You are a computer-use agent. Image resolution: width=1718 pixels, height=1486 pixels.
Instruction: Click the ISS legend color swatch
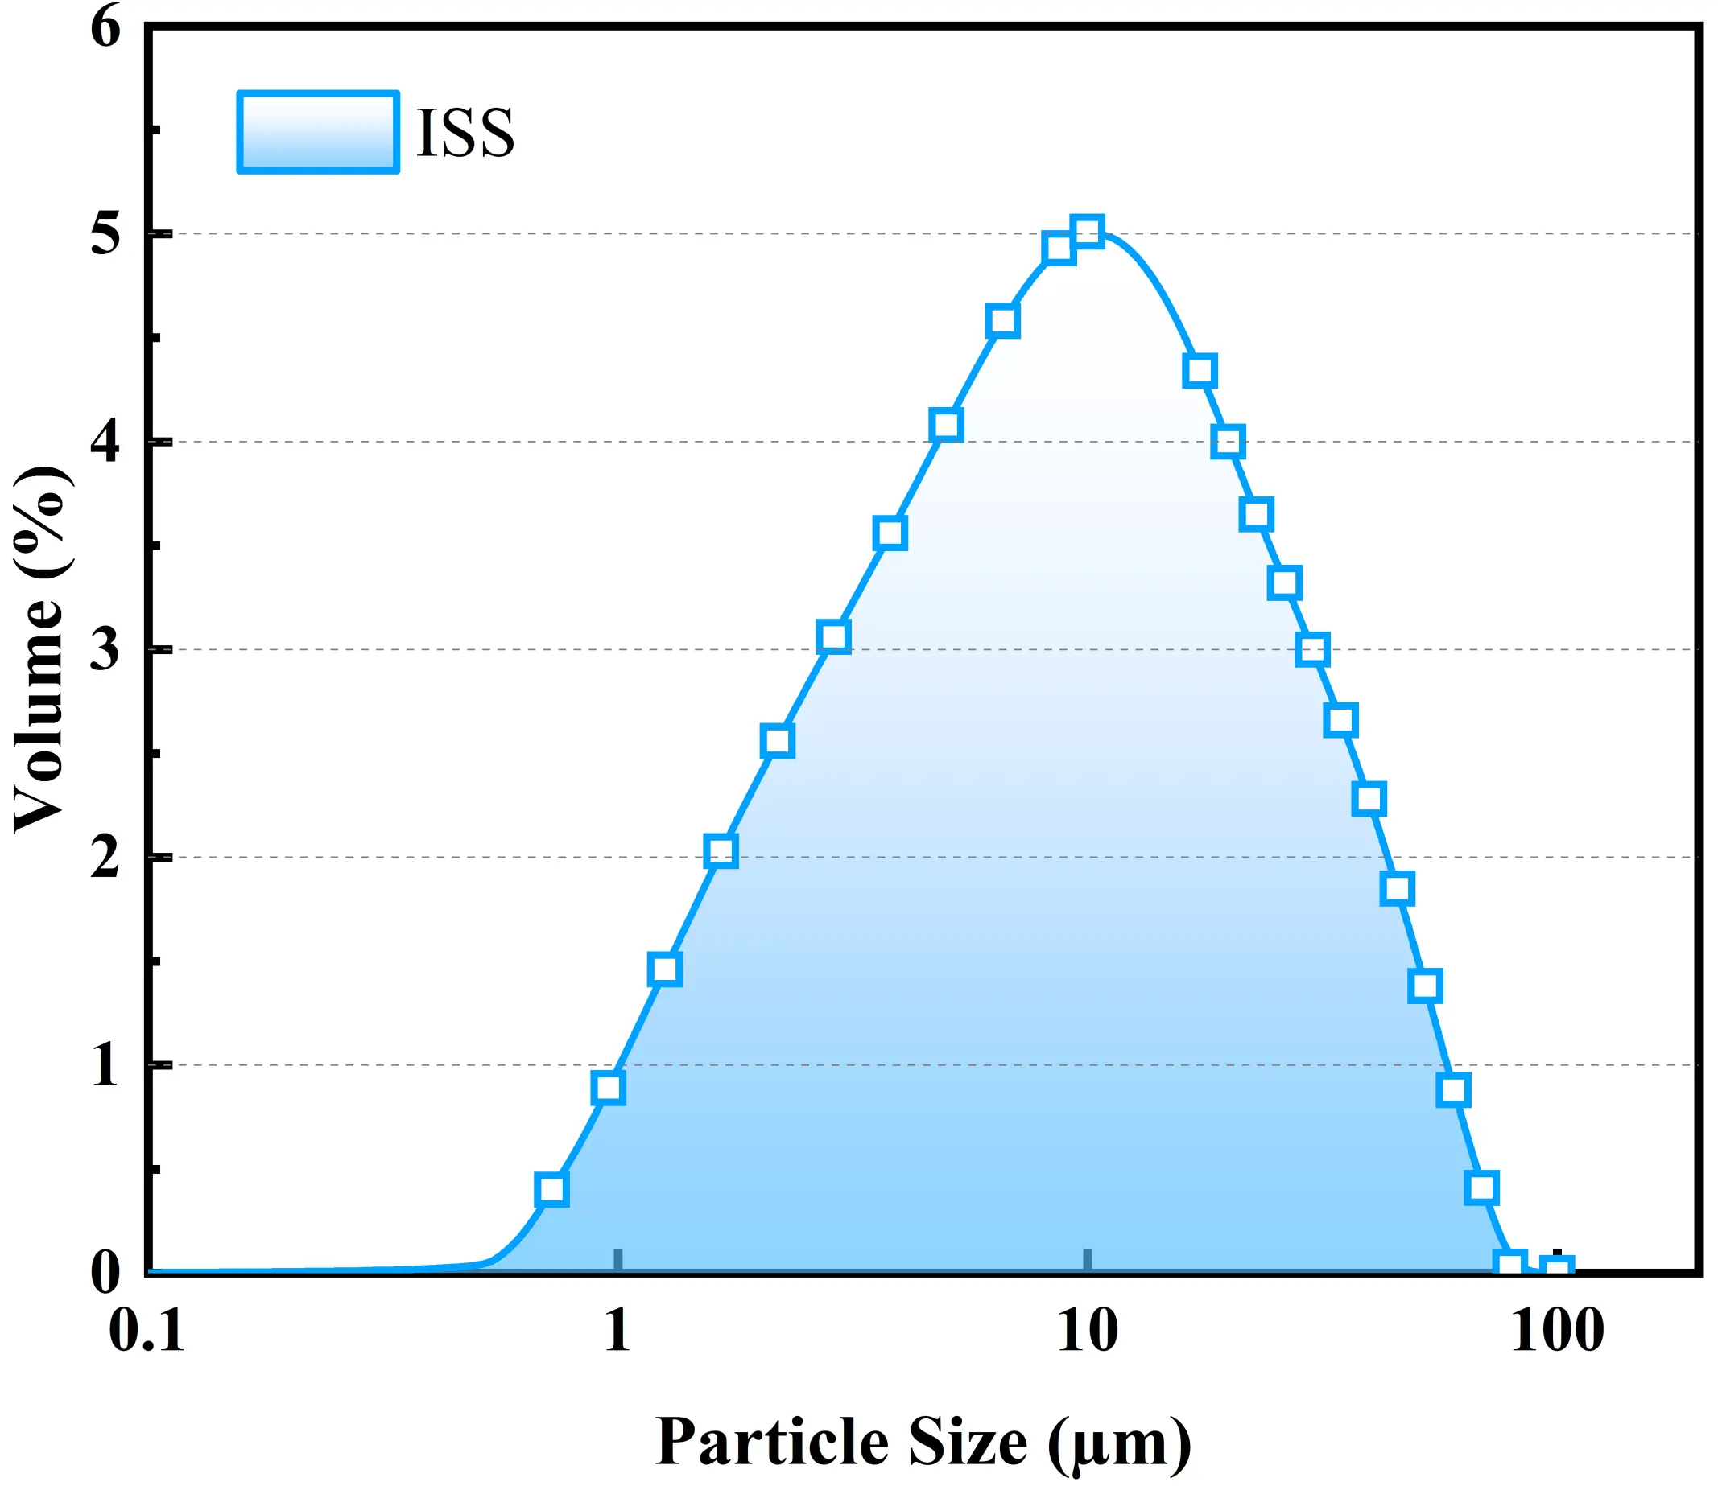coord(318,133)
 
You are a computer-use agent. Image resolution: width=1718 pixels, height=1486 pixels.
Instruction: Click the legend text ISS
coord(465,133)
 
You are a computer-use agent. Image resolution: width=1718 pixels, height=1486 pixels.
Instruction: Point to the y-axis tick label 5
coord(105,234)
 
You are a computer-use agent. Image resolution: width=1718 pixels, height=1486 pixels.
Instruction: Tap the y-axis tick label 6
coord(105,28)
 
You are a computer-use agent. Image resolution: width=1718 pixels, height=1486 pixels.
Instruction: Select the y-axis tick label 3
coord(105,649)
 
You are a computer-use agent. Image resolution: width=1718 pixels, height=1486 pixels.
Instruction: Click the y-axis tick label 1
coord(105,1064)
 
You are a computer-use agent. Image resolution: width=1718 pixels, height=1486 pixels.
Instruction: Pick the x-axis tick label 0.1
coord(147,1332)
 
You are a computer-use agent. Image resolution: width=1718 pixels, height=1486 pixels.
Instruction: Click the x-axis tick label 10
coord(1088,1332)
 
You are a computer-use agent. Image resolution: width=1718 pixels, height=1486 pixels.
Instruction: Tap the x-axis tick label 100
coord(1557,1332)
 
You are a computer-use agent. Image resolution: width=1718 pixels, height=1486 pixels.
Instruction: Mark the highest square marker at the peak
coord(1088,232)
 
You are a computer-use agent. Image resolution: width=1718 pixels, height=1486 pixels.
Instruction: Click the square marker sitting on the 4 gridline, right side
coord(1228,441)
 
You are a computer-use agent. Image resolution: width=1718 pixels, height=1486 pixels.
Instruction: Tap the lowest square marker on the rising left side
coord(551,1190)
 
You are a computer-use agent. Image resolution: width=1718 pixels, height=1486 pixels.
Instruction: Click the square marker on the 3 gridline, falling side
coord(1312,649)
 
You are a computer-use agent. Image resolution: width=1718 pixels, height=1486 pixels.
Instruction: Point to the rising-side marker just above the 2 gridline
coord(721,850)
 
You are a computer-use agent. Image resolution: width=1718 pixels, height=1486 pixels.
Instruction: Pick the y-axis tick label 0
coord(105,1271)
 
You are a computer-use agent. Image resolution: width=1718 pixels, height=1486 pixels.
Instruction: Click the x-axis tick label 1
coord(617,1332)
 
